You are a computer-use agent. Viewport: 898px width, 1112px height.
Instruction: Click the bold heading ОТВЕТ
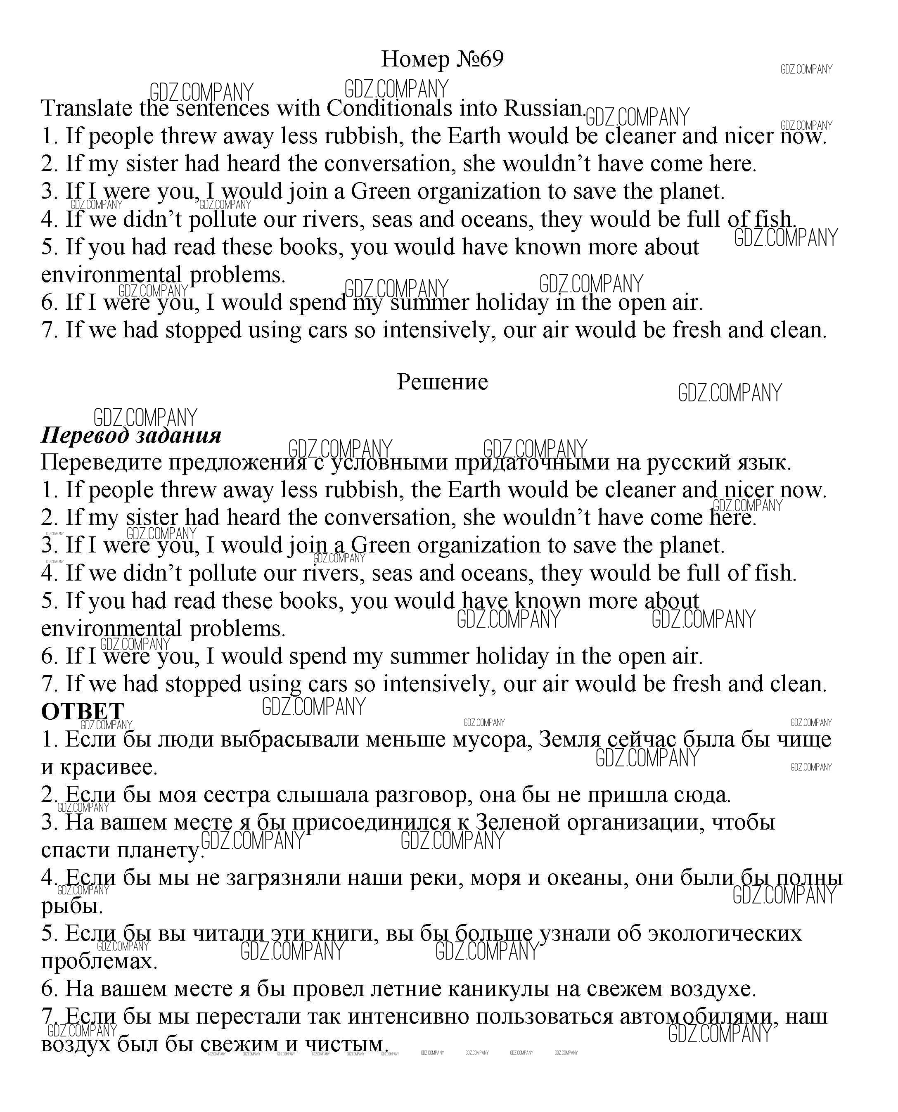point(82,712)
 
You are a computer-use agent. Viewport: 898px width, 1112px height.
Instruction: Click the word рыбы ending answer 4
point(71,906)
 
